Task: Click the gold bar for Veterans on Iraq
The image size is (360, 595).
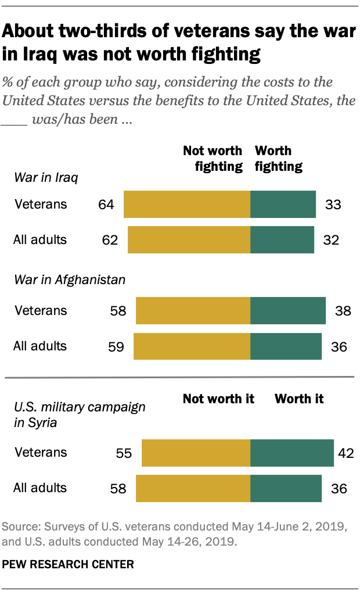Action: point(186,204)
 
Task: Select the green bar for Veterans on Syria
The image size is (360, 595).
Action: point(291,453)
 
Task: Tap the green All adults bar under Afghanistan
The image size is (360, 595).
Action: point(286,346)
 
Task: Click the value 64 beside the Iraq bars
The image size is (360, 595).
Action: point(107,205)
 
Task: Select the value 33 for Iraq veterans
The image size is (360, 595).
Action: point(333,205)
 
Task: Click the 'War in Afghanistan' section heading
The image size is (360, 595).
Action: point(69,280)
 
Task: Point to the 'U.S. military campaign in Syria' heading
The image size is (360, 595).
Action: point(79,414)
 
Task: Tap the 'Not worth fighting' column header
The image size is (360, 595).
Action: point(213,159)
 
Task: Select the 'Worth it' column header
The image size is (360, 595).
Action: point(299,399)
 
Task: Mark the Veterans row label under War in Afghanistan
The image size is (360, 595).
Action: point(40,311)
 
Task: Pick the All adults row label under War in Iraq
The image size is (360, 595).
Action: point(40,240)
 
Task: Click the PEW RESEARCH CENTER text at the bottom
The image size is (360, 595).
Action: point(68,564)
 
